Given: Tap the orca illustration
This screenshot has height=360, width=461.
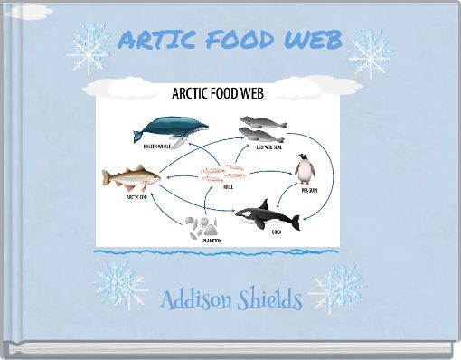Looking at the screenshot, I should (267, 213).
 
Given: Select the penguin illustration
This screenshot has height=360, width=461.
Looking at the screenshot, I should (307, 168).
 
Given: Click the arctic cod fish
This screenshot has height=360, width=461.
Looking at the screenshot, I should (131, 175).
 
